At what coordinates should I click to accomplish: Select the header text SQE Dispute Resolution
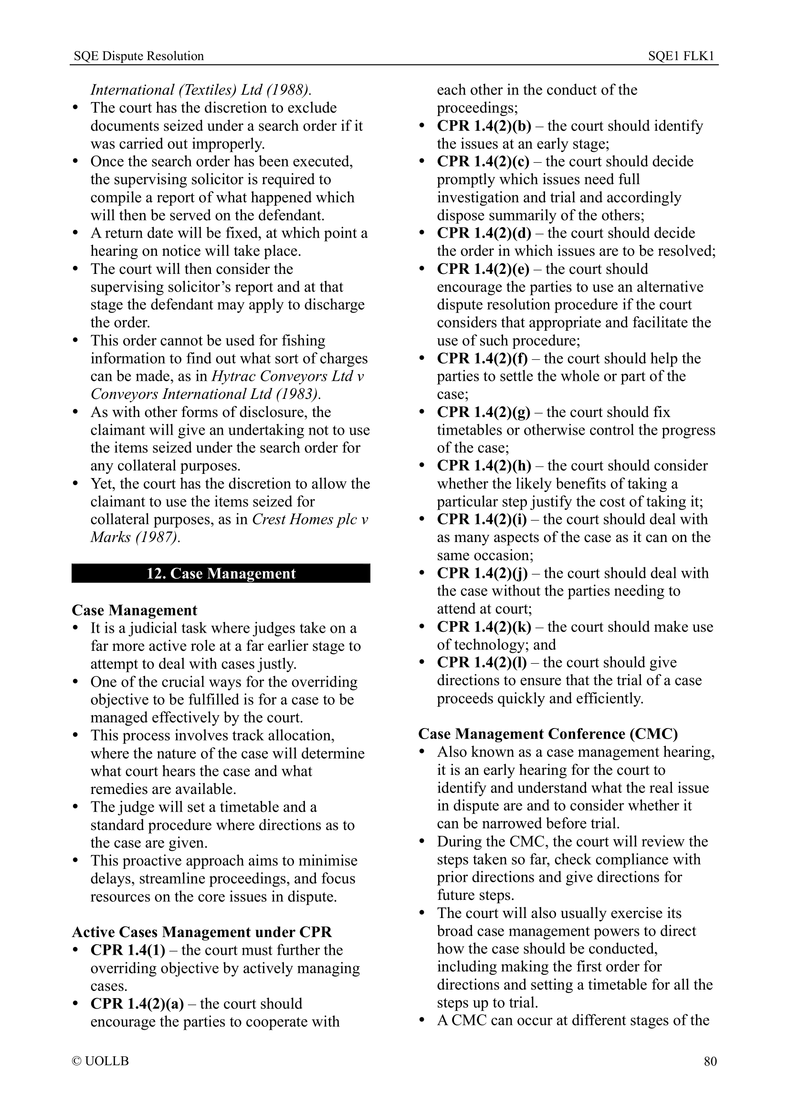tap(138, 56)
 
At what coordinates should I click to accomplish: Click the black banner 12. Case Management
tap(221, 574)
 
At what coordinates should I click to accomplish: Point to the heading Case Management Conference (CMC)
tap(548, 734)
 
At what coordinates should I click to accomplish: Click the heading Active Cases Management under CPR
tap(202, 932)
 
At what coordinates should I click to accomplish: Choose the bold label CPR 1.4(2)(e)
tap(483, 269)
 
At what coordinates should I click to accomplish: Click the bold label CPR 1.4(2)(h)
tap(484, 466)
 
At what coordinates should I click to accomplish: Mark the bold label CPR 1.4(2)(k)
tap(484, 627)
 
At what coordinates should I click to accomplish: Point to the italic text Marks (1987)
tap(135, 538)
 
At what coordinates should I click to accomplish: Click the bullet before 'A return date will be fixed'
tap(75, 233)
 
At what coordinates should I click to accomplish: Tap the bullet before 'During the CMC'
tap(422, 841)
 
